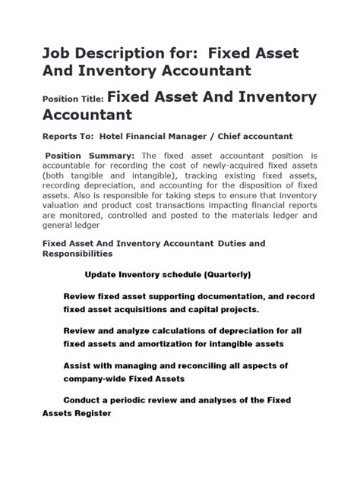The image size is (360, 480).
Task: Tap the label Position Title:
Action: tap(73, 99)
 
